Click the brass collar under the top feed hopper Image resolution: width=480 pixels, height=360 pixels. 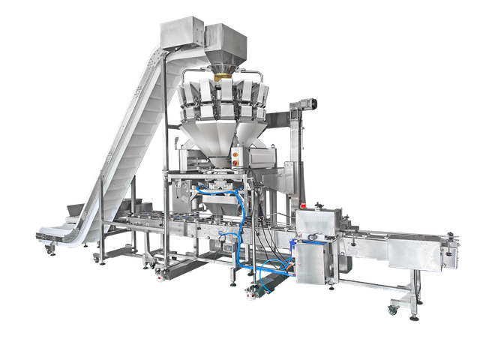223,75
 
